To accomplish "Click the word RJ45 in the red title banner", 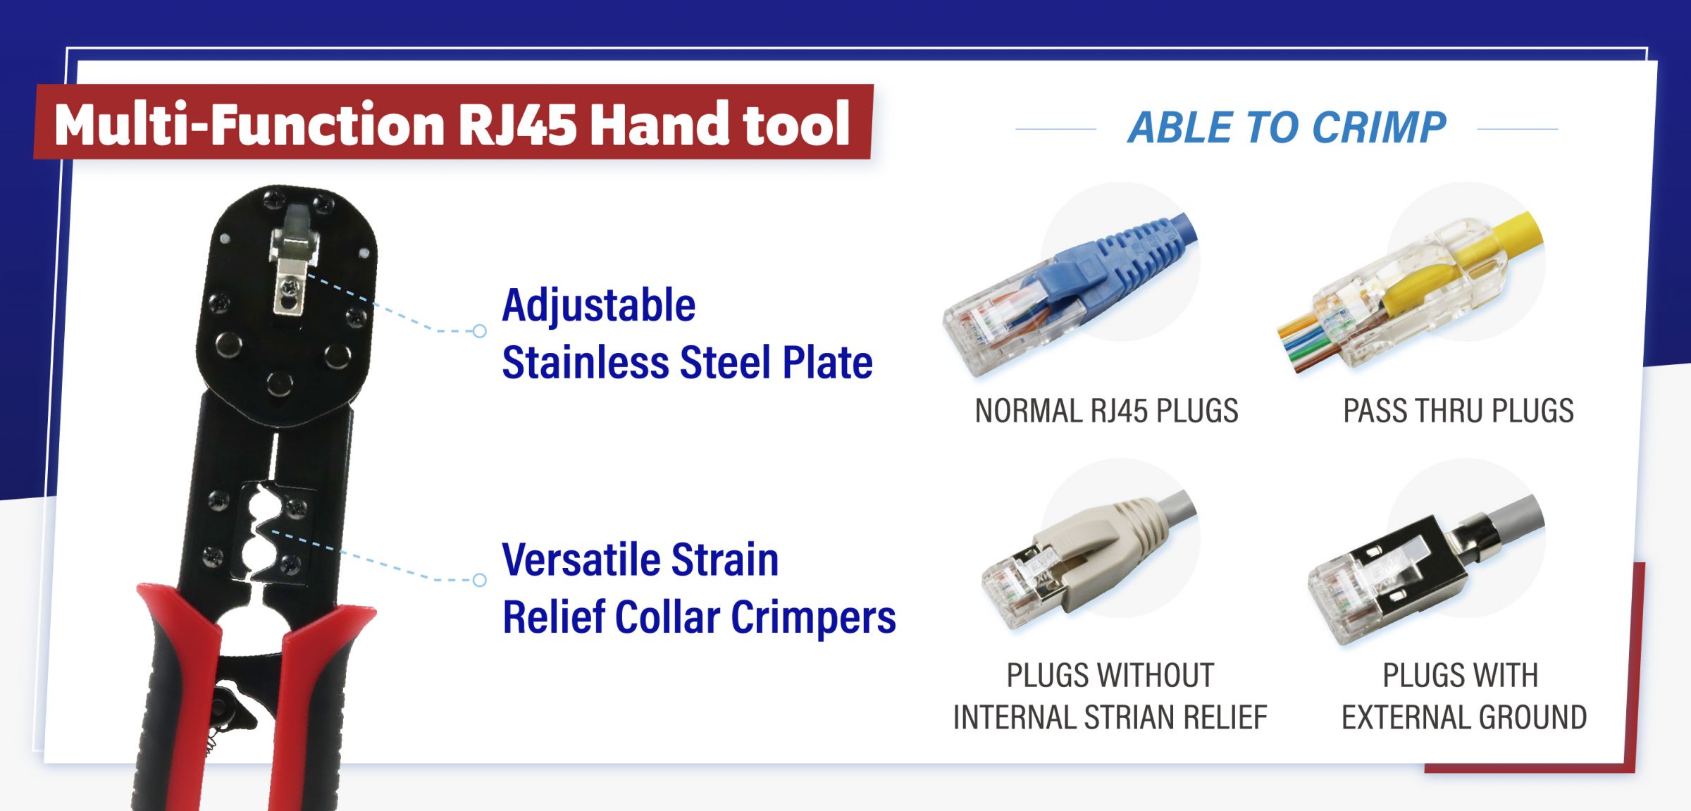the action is click(x=517, y=124).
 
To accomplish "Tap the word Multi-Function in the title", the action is click(x=249, y=124).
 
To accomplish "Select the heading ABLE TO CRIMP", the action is click(x=1287, y=128).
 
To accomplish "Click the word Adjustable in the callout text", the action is click(x=599, y=305).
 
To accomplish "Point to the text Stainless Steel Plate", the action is click(x=687, y=362).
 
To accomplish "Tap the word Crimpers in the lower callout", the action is click(x=813, y=618).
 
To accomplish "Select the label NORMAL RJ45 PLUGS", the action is click(x=1106, y=411).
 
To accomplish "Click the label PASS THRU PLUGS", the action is click(x=1458, y=411).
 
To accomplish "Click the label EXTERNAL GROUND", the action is click(x=1464, y=717).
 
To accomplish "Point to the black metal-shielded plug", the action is click(x=1423, y=571).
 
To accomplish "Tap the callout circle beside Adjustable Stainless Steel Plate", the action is click(x=480, y=331).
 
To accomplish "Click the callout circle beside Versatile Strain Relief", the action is click(x=480, y=580).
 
